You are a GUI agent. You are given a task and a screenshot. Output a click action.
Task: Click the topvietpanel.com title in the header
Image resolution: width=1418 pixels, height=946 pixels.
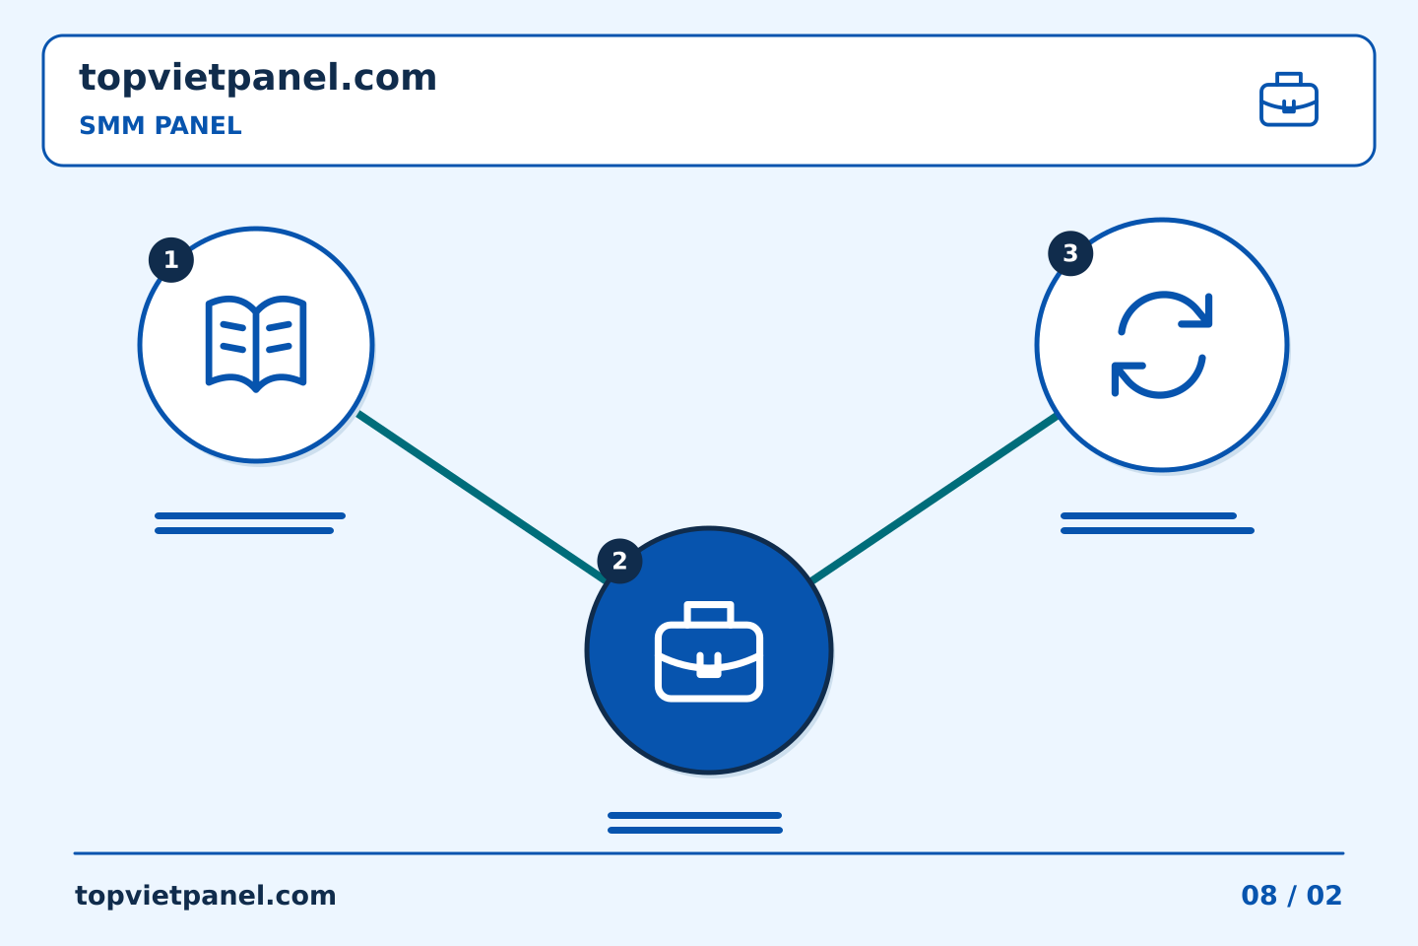(x=258, y=79)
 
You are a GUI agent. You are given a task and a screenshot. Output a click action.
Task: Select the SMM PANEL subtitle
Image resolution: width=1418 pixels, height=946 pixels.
(x=161, y=125)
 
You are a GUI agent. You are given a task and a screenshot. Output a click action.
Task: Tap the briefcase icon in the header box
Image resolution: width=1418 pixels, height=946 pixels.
(x=1289, y=100)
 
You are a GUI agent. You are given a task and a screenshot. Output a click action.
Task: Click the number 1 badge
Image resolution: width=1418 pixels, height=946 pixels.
(x=171, y=260)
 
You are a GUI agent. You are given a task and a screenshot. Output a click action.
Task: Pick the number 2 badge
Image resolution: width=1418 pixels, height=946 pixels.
(x=619, y=561)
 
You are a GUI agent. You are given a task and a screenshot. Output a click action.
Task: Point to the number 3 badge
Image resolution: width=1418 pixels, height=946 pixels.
(x=1070, y=253)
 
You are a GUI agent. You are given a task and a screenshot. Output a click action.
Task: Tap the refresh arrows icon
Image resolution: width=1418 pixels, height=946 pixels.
(x=1162, y=345)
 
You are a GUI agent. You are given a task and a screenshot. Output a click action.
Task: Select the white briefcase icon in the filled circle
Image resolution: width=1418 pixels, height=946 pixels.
(x=709, y=651)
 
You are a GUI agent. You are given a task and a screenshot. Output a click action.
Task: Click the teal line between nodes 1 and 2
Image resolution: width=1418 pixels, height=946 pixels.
(x=482, y=497)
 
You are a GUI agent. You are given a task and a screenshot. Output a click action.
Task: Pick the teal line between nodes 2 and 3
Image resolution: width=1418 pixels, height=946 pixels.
(x=935, y=498)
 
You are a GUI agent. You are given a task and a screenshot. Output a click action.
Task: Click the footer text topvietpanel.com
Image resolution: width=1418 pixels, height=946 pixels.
(x=205, y=896)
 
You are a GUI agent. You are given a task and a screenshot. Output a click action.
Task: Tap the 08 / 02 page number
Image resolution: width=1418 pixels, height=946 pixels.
(x=1291, y=896)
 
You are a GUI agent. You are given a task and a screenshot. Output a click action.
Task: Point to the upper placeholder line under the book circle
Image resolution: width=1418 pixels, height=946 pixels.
(x=250, y=515)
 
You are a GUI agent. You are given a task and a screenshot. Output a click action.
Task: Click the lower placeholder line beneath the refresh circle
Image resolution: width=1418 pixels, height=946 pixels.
(x=1157, y=531)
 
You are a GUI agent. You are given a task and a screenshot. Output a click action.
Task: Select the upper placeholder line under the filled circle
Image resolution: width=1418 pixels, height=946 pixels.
(x=694, y=816)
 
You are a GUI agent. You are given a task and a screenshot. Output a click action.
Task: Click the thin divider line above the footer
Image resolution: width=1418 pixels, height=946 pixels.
(x=709, y=853)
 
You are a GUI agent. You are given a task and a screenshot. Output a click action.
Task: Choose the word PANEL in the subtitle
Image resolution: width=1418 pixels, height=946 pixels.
(x=198, y=125)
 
